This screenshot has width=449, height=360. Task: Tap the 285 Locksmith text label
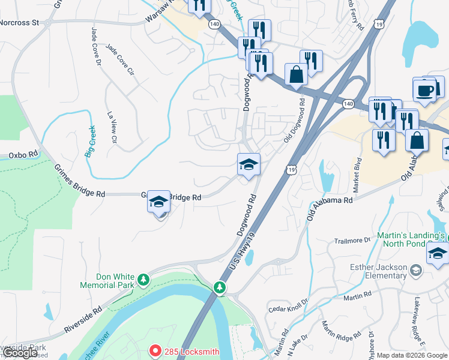(191, 352)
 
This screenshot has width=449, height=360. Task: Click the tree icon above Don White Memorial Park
(143, 280)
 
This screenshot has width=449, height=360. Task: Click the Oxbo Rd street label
(23, 155)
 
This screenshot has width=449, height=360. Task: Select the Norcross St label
(19, 23)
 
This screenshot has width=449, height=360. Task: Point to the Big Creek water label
(91, 140)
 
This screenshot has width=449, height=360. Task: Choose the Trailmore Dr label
(352, 241)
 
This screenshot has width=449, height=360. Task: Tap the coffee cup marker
(425, 90)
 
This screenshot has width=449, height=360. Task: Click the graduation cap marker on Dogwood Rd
(248, 164)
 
